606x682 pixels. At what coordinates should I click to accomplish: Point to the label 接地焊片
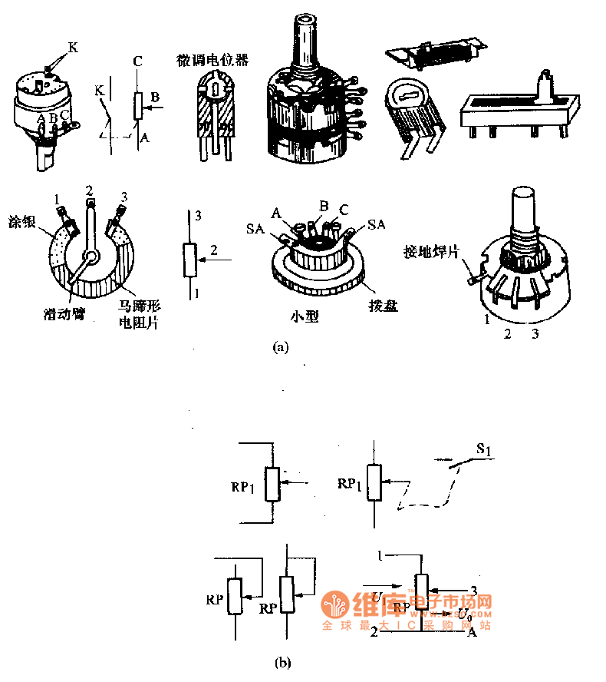434,252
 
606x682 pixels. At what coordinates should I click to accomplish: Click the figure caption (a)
281,346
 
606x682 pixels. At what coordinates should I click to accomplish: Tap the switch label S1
485,449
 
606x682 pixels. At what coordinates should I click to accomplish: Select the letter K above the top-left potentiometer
73,48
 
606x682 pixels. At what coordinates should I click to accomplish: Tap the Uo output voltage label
464,613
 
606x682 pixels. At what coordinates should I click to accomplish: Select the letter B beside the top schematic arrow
154,97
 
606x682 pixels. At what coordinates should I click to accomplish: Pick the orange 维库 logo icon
334,604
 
